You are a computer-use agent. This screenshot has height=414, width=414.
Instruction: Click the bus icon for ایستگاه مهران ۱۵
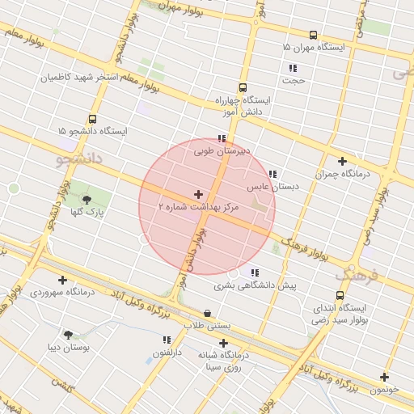313,35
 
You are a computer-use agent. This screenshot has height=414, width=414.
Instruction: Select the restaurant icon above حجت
292,68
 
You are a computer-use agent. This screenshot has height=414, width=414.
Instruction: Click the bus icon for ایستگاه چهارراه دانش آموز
243,88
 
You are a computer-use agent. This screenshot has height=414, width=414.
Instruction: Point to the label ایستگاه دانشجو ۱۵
92,131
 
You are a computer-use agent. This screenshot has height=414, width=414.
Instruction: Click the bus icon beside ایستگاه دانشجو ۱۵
92,118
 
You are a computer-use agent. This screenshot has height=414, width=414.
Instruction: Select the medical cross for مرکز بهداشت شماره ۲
199,194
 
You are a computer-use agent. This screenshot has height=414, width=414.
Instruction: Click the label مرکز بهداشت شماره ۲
199,208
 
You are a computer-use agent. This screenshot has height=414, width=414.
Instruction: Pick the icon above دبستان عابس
272,174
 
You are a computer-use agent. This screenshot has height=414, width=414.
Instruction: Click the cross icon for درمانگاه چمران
342,161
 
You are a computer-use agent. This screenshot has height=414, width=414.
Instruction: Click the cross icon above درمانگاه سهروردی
62,280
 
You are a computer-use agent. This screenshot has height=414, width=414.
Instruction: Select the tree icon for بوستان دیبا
68,333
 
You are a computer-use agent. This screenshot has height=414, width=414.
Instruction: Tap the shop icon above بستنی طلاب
208,313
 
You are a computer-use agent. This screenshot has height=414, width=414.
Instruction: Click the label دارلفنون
167,353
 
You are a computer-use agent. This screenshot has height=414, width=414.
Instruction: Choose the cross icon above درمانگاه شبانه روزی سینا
223,343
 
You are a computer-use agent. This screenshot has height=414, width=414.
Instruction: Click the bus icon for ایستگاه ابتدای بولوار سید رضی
340,295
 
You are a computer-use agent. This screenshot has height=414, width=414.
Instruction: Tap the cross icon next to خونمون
384,377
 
